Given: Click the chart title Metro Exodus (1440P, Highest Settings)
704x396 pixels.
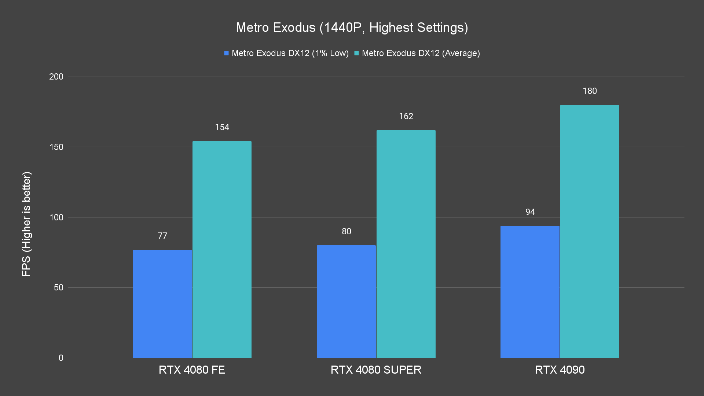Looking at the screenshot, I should (x=352, y=27).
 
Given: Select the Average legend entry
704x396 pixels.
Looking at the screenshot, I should (x=417, y=53).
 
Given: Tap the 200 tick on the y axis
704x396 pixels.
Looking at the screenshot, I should (x=56, y=77).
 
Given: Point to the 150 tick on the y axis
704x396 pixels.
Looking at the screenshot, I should (x=56, y=147).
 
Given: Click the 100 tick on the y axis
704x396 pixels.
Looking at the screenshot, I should (x=56, y=217).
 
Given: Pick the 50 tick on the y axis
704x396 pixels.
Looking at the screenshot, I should (x=59, y=287).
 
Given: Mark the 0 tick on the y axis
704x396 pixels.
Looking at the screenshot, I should (x=61, y=358).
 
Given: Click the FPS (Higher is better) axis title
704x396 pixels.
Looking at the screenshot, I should (x=26, y=224).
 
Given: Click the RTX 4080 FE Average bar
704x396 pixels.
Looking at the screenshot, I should (x=222, y=249).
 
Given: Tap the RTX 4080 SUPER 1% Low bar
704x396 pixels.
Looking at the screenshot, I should (x=346, y=301).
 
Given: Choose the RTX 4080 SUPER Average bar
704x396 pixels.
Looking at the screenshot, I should (x=406, y=244).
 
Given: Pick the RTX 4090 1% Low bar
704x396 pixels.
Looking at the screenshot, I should (x=530, y=292).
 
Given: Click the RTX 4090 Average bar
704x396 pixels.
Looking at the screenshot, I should (x=590, y=231).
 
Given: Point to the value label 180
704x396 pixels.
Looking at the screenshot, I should (x=590, y=91).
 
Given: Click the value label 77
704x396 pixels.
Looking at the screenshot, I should (x=162, y=236).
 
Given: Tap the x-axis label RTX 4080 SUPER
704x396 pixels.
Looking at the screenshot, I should (x=376, y=370).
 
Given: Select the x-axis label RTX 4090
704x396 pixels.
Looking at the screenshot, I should (x=560, y=370).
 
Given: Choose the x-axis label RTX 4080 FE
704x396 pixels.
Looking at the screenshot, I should (x=192, y=370).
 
